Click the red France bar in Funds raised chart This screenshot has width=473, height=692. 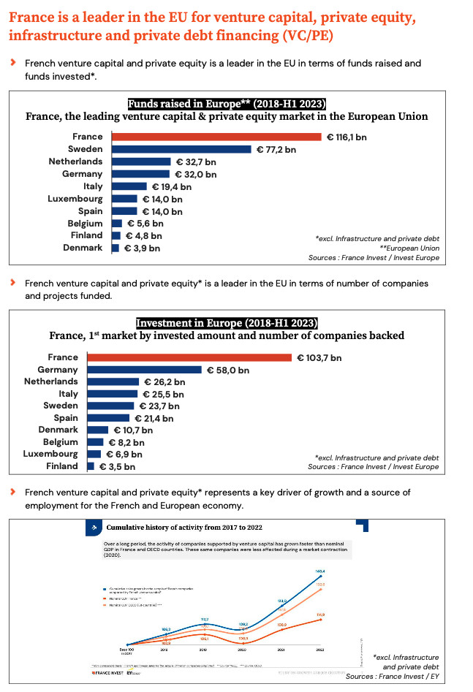216,137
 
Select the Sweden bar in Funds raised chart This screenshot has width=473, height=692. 181,149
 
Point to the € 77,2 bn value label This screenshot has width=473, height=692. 276,149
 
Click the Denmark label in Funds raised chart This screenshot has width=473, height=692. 83,248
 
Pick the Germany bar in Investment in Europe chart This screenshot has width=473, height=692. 144,370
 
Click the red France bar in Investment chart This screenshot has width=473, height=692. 190,357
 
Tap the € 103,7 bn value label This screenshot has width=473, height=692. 319,357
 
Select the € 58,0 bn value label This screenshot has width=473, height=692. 227,370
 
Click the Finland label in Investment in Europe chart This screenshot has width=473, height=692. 62,465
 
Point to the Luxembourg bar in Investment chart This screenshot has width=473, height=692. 94,454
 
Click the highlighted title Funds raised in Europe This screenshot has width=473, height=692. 227,103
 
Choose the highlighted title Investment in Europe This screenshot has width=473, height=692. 227,323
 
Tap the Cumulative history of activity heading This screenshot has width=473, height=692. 184,527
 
